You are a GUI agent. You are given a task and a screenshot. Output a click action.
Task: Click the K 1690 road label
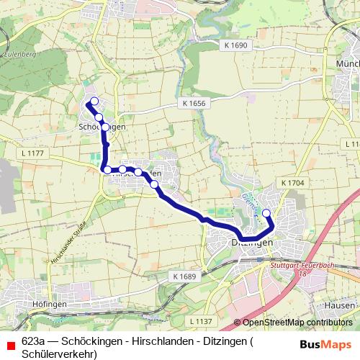click(235, 45)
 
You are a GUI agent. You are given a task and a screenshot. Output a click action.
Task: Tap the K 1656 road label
click(194, 104)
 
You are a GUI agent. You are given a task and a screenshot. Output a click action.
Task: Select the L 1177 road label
click(33, 153)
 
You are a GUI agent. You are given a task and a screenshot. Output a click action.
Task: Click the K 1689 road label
click(184, 276)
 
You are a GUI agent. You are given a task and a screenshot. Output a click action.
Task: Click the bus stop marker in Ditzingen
click(266, 212)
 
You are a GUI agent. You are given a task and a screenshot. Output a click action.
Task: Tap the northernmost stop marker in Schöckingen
click(94, 101)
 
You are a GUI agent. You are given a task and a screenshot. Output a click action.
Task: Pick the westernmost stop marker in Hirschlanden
click(107, 170)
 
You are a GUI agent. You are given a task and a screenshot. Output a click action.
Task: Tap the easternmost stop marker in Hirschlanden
click(154, 184)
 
